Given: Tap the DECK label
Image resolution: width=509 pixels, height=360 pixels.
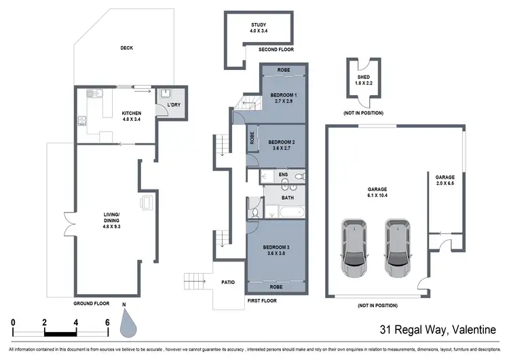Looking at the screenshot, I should (x=127, y=48).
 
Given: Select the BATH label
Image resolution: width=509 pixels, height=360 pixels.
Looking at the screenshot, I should (x=288, y=198).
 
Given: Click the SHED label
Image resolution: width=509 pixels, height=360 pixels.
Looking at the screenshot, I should (x=364, y=77).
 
